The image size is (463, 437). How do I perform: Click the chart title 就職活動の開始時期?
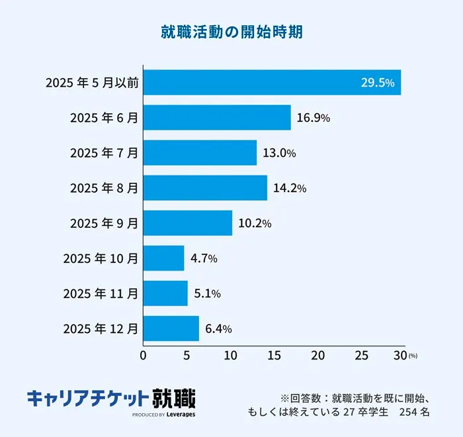(232, 32)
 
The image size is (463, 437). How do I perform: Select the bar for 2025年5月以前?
(272, 82)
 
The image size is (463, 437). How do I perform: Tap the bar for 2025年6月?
(217, 117)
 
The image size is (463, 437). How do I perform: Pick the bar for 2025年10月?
(163, 258)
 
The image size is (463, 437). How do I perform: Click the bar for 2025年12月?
(171, 328)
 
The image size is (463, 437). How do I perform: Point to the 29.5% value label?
(377, 83)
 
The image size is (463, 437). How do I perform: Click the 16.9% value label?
(313, 118)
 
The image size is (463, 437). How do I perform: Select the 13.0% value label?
(278, 153)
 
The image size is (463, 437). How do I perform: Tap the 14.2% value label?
(289, 188)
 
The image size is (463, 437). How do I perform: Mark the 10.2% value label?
(255, 223)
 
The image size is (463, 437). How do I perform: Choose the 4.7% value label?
(204, 258)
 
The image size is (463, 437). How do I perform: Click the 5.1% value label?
(207, 293)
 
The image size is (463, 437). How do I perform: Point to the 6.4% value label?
(218, 328)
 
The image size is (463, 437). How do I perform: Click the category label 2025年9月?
(104, 223)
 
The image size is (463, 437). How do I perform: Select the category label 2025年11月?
(101, 293)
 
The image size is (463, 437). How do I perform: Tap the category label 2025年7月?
(104, 153)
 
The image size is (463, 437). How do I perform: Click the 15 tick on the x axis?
(274, 356)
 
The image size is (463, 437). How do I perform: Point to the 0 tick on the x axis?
(144, 356)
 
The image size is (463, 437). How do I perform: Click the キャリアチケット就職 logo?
(111, 400)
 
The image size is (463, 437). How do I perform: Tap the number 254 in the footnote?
(405, 412)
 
